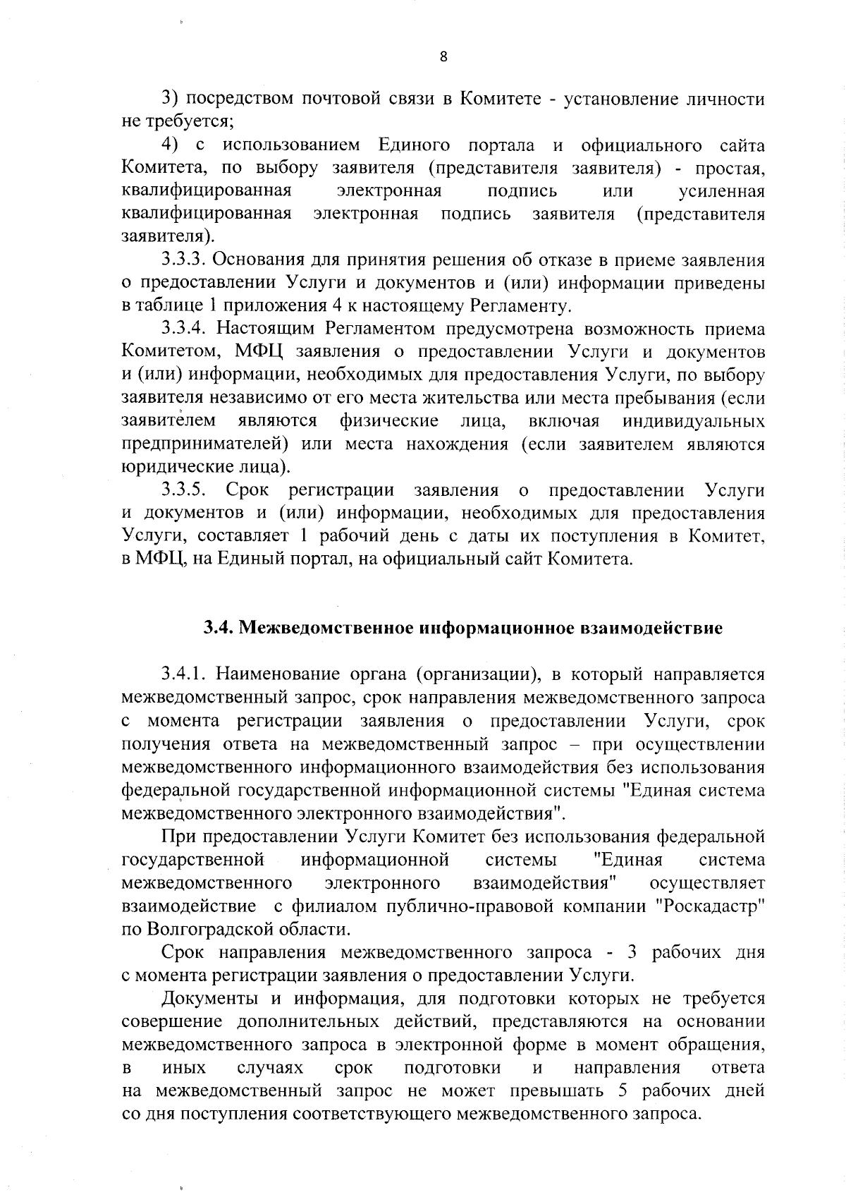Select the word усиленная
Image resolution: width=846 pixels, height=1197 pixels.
point(721,191)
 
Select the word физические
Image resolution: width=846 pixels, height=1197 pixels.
point(389,421)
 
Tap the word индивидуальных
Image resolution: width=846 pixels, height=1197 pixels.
point(694,421)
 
